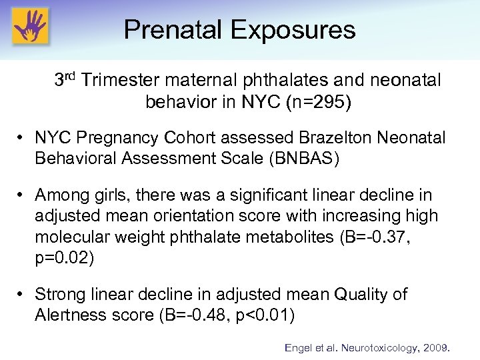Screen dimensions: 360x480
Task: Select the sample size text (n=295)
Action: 329,103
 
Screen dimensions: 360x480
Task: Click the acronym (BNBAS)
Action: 310,158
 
